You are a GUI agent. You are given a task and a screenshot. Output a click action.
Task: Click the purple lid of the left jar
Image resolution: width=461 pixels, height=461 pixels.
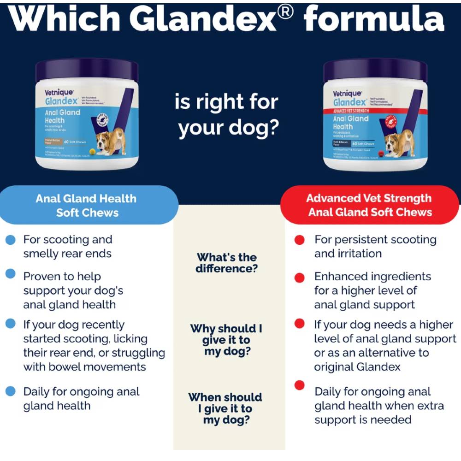pyautogui.click(x=87, y=69)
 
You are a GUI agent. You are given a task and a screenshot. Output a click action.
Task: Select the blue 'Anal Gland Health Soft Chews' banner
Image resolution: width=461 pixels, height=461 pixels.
pyautogui.click(x=87, y=206)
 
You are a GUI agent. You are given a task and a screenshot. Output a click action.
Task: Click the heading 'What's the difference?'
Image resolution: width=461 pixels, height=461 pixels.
pyautogui.click(x=226, y=263)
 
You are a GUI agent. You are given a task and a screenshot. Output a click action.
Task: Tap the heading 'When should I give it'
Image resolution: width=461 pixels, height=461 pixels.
pyautogui.click(x=225, y=408)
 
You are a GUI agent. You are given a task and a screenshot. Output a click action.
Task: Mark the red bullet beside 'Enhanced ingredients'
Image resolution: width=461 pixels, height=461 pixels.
pyautogui.click(x=300, y=278)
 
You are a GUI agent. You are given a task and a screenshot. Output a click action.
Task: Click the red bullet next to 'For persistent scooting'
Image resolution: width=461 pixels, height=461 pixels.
pyautogui.click(x=300, y=240)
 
